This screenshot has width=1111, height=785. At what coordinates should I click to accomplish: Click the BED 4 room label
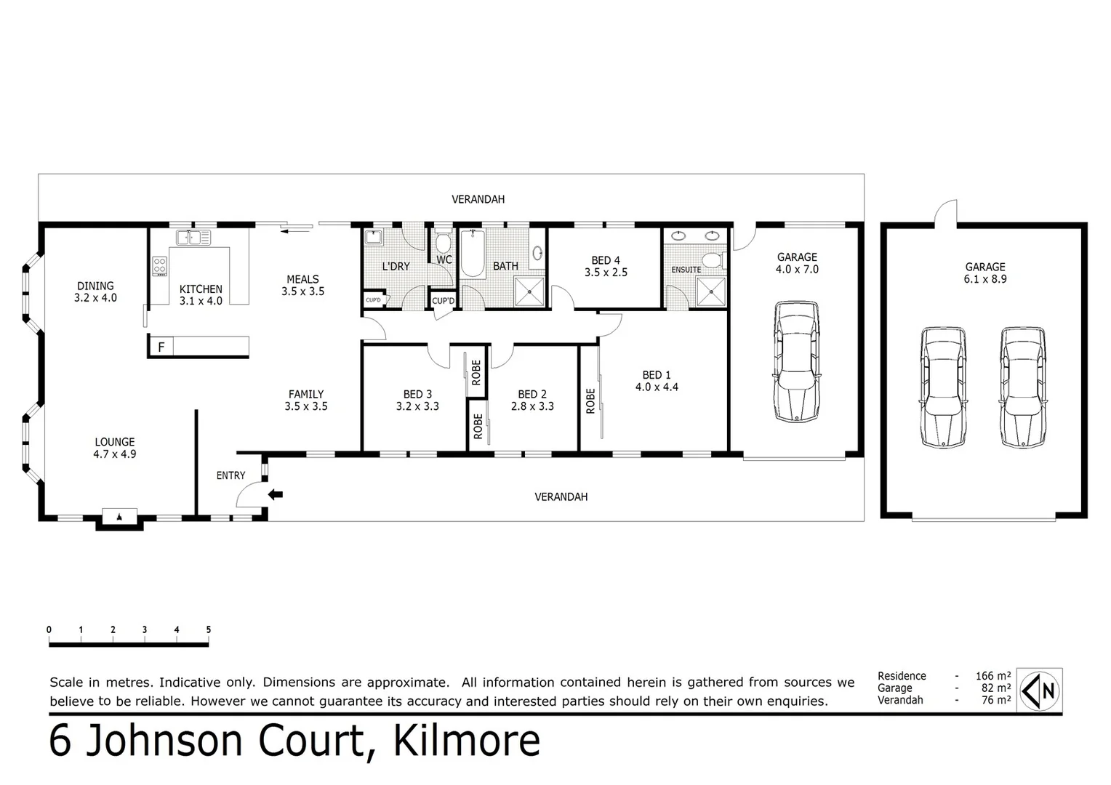(606, 260)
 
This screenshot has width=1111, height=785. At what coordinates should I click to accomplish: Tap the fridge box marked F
(161, 347)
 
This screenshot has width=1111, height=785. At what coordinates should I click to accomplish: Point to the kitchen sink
(193, 237)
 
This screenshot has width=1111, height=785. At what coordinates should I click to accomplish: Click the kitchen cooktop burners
(160, 266)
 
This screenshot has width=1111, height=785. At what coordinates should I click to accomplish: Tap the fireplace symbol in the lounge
(119, 517)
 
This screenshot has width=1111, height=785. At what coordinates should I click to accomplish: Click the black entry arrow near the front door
(276, 495)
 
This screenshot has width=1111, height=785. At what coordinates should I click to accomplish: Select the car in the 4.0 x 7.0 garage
(797, 361)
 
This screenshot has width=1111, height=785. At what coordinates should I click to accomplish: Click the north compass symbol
(1040, 691)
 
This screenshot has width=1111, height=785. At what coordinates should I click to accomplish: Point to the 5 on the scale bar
(209, 630)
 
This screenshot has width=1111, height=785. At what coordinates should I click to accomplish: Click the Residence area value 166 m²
(992, 676)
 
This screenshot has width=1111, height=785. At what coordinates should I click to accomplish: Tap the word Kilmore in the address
(467, 741)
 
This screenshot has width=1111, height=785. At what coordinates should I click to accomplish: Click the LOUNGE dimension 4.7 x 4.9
(115, 454)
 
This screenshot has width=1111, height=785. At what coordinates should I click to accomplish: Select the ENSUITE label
(686, 270)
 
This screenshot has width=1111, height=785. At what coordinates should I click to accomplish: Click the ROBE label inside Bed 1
(590, 401)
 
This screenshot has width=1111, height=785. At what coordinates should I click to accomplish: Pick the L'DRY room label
(396, 267)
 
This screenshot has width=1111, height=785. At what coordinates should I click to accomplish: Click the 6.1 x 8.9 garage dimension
(985, 279)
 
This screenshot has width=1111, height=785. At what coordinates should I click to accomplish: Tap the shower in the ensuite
(710, 292)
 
